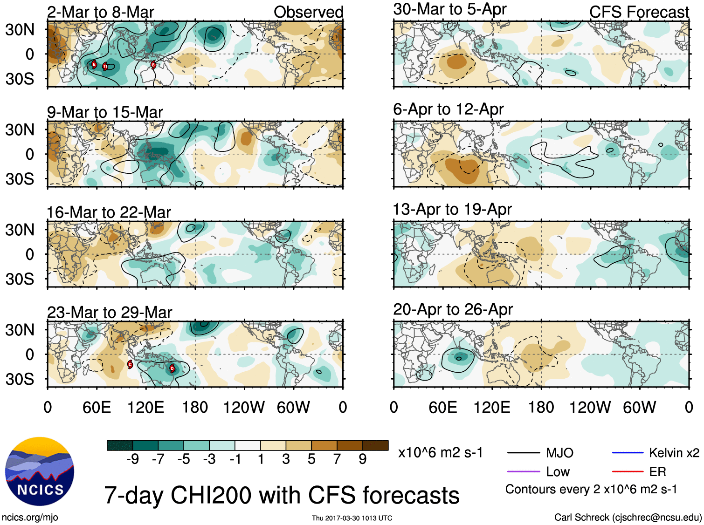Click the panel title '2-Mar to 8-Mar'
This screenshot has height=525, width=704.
coord(100,12)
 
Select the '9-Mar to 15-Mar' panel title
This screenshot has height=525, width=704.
coord(105,112)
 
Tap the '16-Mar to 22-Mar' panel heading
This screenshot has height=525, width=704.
coord(109,212)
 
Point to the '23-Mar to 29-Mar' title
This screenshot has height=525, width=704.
coord(110,312)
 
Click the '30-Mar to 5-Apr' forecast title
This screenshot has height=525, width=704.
coord(449,9)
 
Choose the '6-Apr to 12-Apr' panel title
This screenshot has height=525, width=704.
coord(448,109)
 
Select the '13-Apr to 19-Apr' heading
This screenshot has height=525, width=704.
coord(452,210)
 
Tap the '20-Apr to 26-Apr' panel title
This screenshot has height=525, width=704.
coord(453,309)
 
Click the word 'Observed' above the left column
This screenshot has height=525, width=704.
coord(308,12)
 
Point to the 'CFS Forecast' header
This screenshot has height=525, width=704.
coord(639,12)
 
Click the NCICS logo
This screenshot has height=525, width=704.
coord(40,471)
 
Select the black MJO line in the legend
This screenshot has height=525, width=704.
coord(524,453)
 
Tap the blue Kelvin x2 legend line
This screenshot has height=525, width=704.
coord(628,453)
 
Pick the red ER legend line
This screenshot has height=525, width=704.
coord(628,472)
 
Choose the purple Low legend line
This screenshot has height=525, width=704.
coord(524,472)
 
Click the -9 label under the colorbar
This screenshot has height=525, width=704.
coord(132,459)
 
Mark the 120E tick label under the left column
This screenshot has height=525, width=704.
coord(145,408)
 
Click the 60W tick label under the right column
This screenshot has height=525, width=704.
coord(639,408)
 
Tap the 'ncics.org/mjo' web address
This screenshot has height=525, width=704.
coord(30,517)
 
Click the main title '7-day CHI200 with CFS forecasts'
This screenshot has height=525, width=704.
coord(282,495)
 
